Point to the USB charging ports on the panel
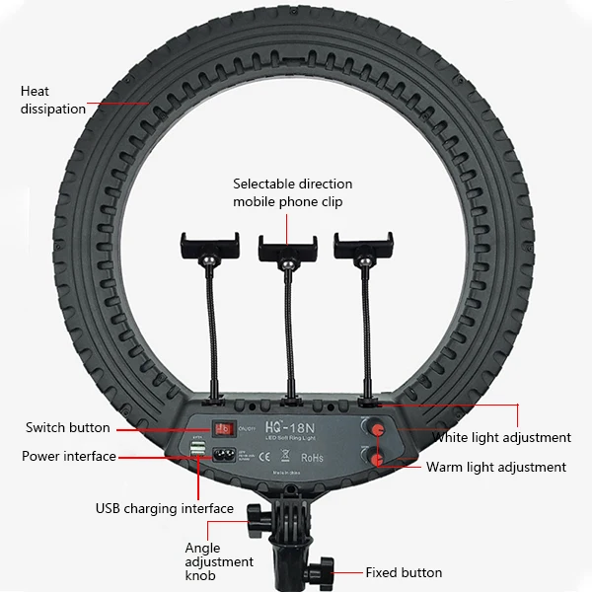[x=199, y=452]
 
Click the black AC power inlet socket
[x=227, y=455]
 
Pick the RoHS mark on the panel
[x=312, y=457]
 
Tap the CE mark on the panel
[x=261, y=457]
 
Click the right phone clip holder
[x=363, y=247]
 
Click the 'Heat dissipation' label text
[x=52, y=101]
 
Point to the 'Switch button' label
[x=68, y=427]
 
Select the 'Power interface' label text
[x=68, y=456]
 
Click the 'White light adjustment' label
[x=501, y=437]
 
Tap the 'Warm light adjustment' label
[x=496, y=467]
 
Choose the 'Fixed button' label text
[x=404, y=572]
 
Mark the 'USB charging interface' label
[x=165, y=509]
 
